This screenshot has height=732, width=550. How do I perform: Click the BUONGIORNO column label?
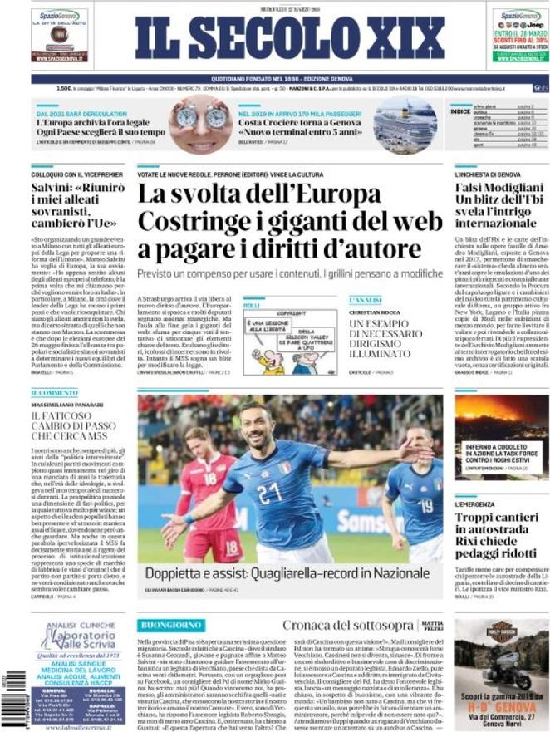[x=172, y=624]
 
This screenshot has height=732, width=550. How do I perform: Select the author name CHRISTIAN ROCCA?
[x=375, y=312]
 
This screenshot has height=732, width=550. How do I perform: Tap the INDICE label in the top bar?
[x=459, y=110]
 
